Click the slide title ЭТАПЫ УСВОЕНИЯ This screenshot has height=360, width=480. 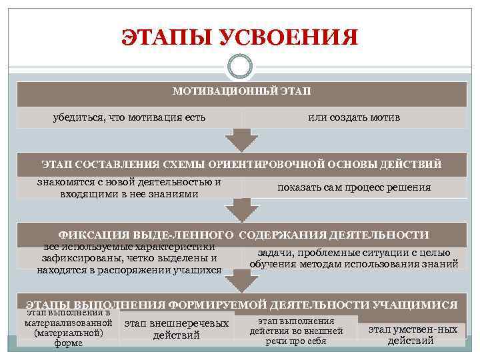pos(239,37)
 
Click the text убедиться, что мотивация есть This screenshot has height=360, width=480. pos(129,117)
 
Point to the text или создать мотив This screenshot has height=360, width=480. pos(354,117)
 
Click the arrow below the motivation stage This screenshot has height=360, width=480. pos(241,139)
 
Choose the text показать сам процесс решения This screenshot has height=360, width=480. pos(354,187)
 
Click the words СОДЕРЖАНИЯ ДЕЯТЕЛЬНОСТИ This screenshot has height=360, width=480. pos(333,235)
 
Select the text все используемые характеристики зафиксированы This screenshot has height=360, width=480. pos(129,259)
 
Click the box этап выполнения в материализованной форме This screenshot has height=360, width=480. pos(67,327)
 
